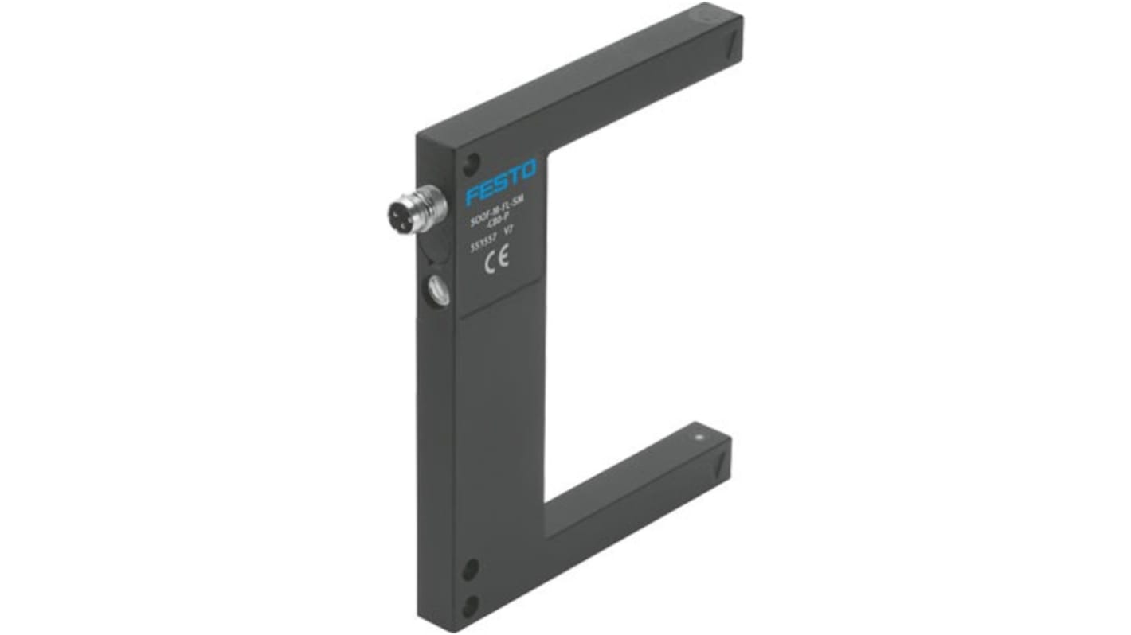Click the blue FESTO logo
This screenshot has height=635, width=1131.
click(x=502, y=183)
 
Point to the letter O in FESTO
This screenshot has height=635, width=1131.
click(x=529, y=169)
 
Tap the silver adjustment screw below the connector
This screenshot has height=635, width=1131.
click(x=438, y=289)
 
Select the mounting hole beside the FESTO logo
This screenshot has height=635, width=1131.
click(x=472, y=162)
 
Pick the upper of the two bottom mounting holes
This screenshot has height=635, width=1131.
click(x=471, y=569)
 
